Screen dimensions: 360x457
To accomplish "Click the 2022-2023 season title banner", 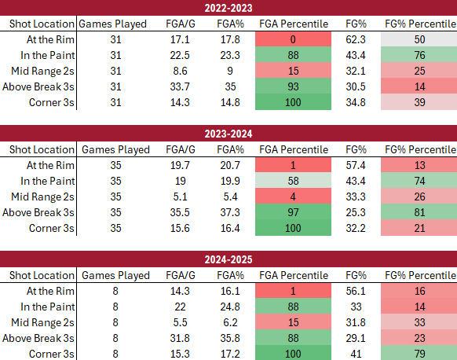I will (x=228, y=8).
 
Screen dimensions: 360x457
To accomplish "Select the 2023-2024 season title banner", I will (x=228, y=134).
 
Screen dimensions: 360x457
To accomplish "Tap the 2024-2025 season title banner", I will (x=228, y=259).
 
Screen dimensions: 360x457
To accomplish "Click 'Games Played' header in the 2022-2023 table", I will (x=115, y=24).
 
